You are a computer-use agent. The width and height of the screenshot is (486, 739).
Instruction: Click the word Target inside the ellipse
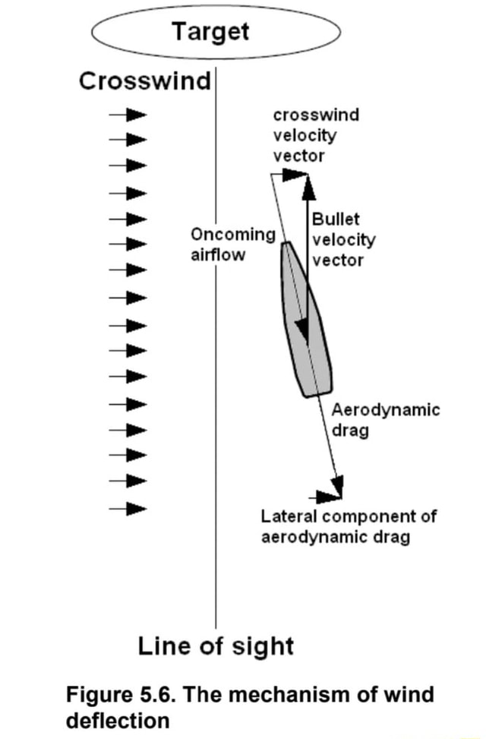pyautogui.click(x=210, y=32)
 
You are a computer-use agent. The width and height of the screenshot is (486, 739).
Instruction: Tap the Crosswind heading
pyautogui.click(x=145, y=81)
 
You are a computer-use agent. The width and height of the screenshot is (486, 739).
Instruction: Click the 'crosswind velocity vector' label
pyautogui.click(x=305, y=135)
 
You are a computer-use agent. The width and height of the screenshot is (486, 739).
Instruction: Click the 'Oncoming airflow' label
pyautogui.click(x=232, y=245)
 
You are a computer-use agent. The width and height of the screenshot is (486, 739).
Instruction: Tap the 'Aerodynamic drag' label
pyautogui.click(x=385, y=420)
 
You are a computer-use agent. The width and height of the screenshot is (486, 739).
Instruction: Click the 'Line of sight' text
pyautogui.click(x=216, y=646)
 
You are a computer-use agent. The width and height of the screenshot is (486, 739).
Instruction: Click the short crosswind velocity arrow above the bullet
pyautogui.click(x=289, y=175)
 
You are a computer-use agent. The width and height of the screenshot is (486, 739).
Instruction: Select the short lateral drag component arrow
pyautogui.click(x=328, y=497)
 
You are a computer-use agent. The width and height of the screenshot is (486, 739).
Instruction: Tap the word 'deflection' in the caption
pyautogui.click(x=118, y=720)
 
